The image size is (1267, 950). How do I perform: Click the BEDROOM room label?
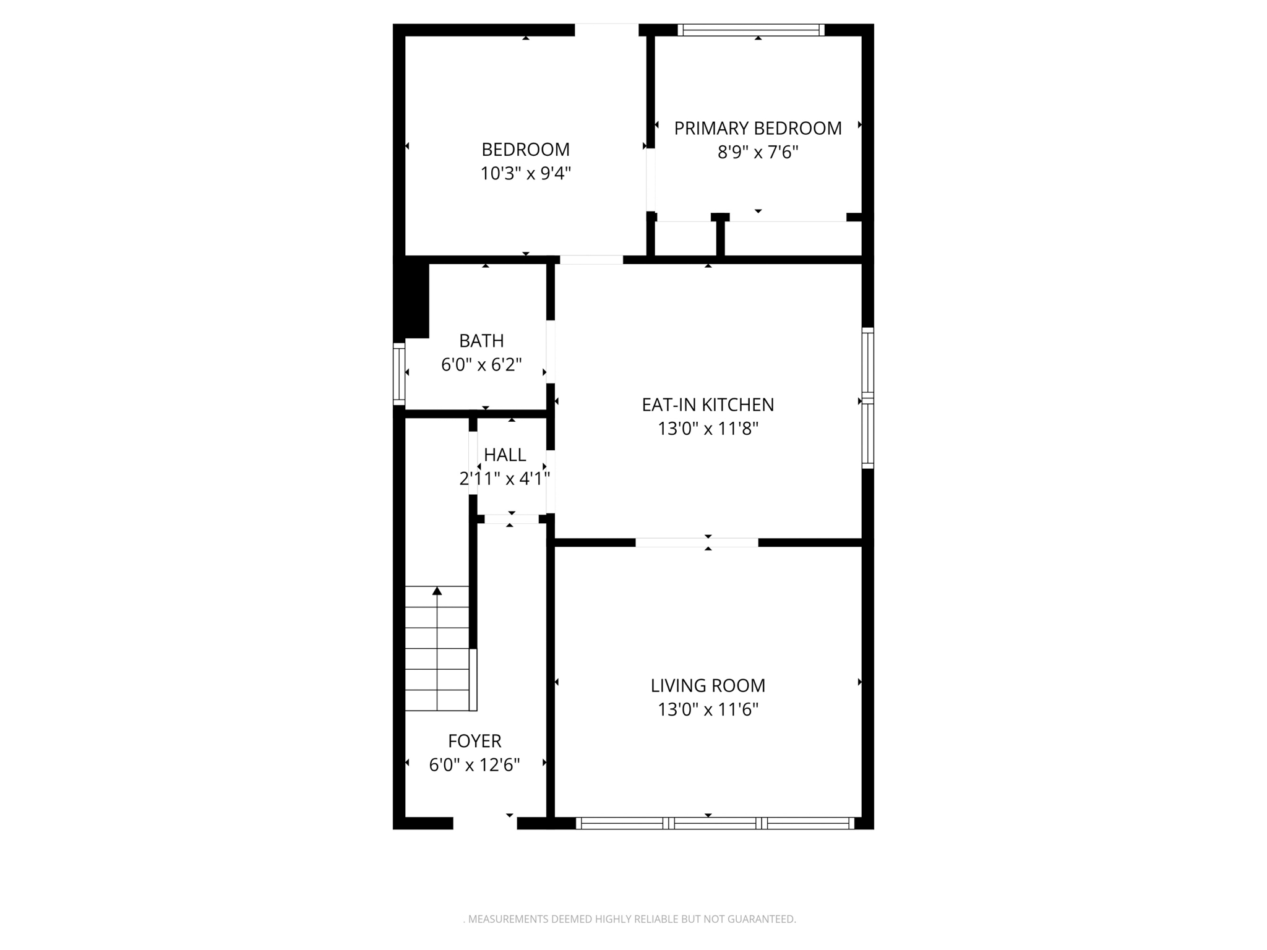[525, 150]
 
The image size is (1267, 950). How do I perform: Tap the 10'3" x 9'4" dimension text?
[525, 174]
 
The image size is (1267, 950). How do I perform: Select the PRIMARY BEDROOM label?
[757, 129]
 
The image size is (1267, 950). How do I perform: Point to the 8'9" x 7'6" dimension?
[757, 152]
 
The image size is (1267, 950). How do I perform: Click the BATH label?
[481, 341]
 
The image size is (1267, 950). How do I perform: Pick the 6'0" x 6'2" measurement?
[481, 365]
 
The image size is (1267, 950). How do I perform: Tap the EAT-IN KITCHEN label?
[708, 404]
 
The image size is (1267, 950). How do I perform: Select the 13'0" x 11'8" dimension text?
[708, 429]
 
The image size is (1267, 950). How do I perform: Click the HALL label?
[505, 455]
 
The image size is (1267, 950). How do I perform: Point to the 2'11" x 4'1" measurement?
[505, 479]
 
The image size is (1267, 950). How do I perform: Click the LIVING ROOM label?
[708, 685]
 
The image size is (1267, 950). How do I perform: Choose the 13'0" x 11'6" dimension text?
[708, 709]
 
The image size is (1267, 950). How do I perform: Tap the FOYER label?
[475, 741]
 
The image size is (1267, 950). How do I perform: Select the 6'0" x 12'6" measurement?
[475, 765]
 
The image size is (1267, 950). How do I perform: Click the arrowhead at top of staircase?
[437, 591]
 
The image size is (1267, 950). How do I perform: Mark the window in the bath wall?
[399, 375]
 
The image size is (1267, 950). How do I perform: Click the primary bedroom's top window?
[751, 30]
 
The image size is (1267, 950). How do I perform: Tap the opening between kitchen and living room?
[697, 542]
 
